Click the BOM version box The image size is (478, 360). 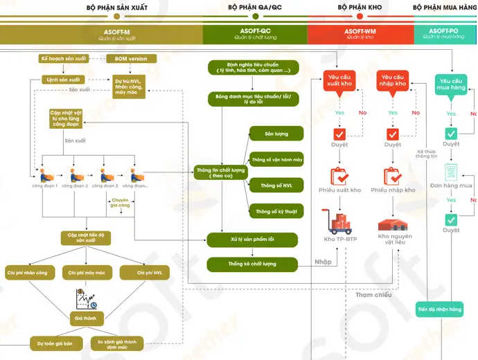pyautogui.click(x=136, y=59)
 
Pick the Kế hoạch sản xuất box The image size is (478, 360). pyautogui.click(x=63, y=59)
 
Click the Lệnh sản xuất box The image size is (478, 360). pyautogui.click(x=64, y=80)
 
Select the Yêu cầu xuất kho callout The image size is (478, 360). pyautogui.click(x=339, y=80)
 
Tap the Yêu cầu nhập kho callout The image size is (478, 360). pyautogui.click(x=393, y=80)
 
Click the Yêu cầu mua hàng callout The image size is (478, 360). pyautogui.click(x=450, y=84)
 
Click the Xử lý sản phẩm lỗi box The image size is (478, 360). pyautogui.click(x=253, y=240)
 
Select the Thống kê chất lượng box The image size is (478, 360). pyautogui.click(x=253, y=264)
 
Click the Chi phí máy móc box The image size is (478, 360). pyautogui.click(x=87, y=273)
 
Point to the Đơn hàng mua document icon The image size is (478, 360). pyautogui.click(x=451, y=172)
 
